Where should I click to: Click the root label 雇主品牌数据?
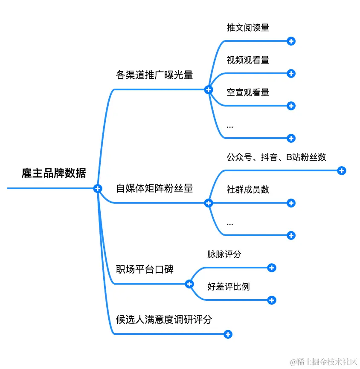point(54,173)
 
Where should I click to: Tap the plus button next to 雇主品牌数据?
point(98,188)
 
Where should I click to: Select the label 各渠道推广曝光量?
point(154,75)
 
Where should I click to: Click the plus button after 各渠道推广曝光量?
point(209,89)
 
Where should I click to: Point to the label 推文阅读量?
point(248,28)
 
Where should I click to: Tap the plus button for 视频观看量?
point(291,74)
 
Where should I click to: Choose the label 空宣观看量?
point(248,92)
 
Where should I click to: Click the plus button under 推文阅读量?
point(291,41)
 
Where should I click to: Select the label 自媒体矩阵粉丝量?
point(154,188)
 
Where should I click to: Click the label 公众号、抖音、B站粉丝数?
point(276,157)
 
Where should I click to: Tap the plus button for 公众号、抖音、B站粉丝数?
point(342,170)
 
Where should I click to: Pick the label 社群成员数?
point(248,190)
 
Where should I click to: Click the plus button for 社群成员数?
point(291,203)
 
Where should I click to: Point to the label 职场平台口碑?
point(145,269)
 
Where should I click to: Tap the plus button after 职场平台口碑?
point(190,284)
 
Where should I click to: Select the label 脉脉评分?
point(224,254)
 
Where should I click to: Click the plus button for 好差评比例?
point(272,300)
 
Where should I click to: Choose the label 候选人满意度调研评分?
point(164,320)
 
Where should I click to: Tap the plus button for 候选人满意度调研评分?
point(228,334)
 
